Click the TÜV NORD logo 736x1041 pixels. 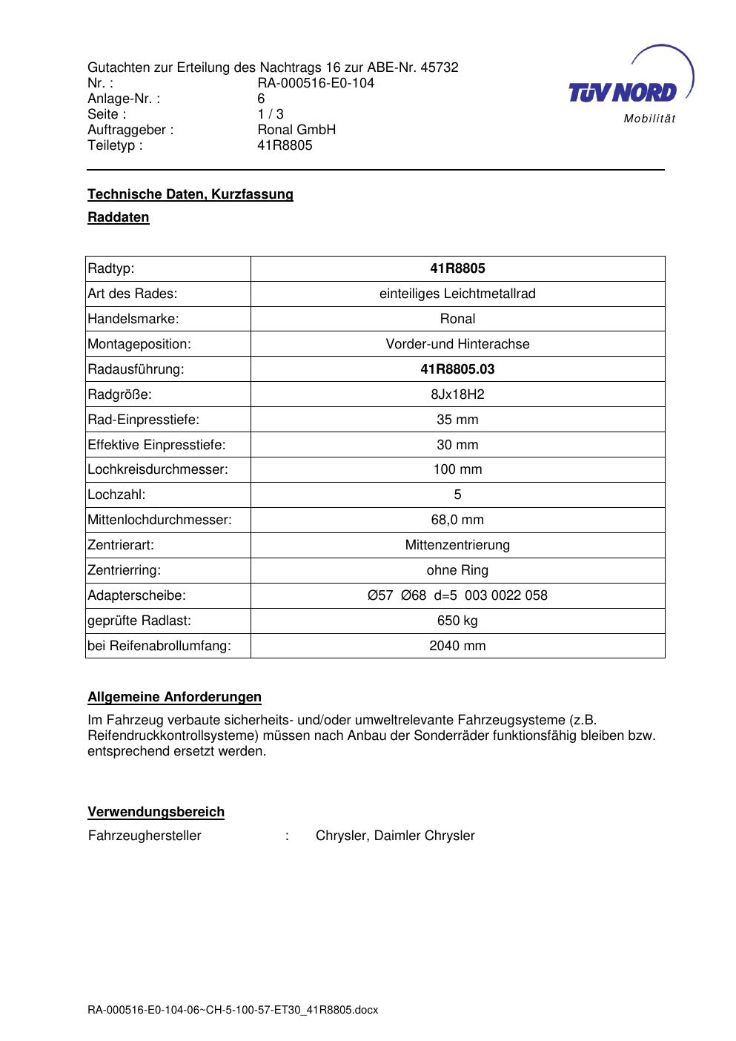click(626, 89)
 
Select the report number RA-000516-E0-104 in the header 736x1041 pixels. click(316, 83)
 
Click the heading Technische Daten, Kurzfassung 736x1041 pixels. click(190, 194)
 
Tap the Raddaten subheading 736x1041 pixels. click(119, 217)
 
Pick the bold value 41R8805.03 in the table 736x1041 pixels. click(457, 369)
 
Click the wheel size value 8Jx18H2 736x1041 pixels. click(457, 394)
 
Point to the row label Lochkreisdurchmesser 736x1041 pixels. click(158, 469)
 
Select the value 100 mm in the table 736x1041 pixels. click(457, 469)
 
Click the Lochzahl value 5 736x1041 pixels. click(457, 495)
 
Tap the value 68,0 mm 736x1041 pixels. click(457, 520)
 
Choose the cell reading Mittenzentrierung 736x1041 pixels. click(457, 545)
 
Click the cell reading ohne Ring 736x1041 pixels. click(457, 570)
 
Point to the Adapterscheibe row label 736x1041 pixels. click(137, 595)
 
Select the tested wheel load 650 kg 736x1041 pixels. click(457, 621)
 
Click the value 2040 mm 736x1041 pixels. click(457, 646)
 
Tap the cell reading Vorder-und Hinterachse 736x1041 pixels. click(457, 344)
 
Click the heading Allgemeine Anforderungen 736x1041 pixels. click(175, 697)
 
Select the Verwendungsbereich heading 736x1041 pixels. click(156, 812)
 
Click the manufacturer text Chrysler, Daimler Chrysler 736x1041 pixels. click(395, 836)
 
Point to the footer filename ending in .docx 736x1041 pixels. click(233, 1010)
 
